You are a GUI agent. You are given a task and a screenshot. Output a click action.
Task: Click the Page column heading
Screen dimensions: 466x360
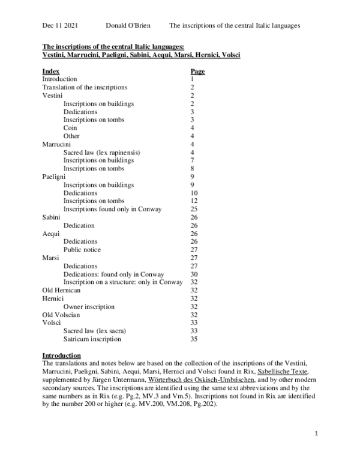[197, 71]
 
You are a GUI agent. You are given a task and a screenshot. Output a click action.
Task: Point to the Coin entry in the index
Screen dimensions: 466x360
[71, 128]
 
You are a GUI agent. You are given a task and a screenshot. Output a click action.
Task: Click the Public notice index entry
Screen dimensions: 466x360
[82, 250]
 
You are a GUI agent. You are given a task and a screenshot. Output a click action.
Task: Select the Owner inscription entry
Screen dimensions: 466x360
[89, 307]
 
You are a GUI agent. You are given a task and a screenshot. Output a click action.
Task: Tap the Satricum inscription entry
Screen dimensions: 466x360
[92, 339]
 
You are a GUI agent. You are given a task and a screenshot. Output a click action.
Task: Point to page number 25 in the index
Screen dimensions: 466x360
[194, 209]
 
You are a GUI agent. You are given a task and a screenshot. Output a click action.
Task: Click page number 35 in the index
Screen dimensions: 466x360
[194, 339]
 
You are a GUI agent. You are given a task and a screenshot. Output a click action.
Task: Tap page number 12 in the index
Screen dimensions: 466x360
[194, 201]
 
